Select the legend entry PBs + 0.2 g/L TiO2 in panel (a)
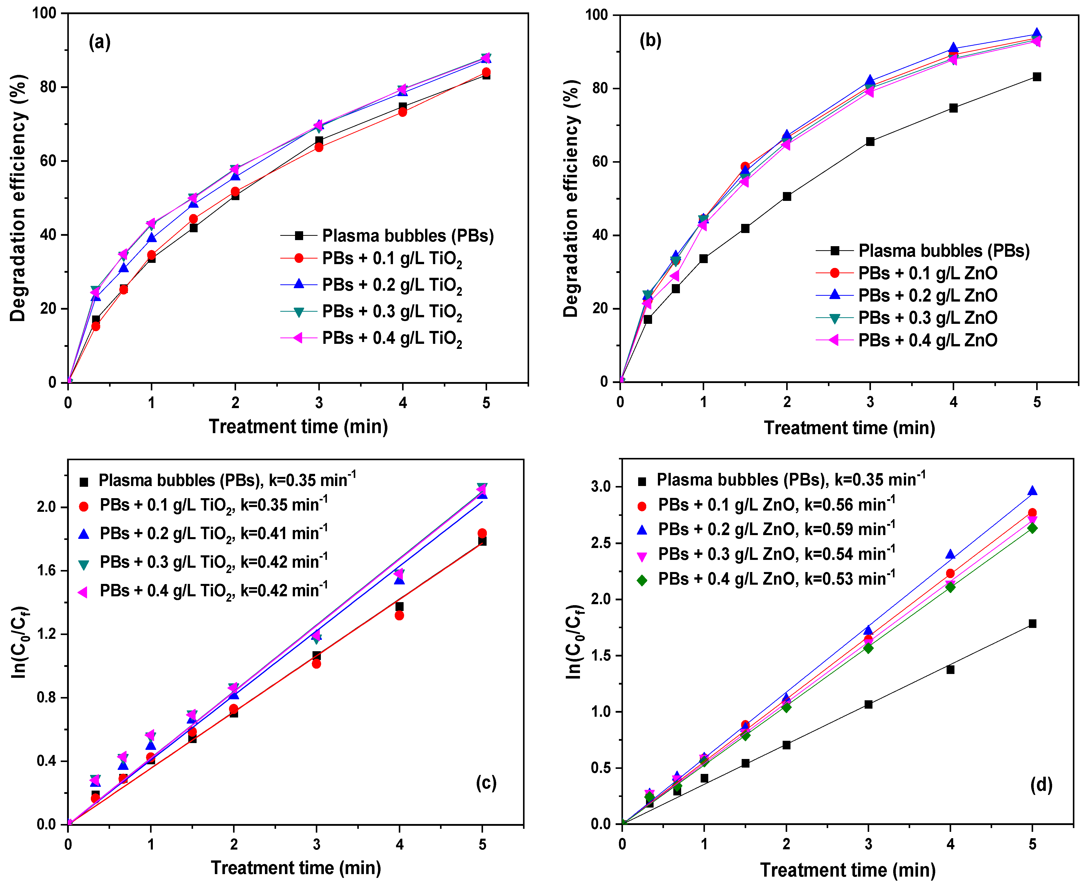391,285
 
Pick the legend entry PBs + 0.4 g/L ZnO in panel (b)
927,340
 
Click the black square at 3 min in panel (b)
870,141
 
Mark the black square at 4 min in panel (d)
950,669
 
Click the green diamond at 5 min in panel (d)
1032,528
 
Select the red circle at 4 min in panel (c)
399,616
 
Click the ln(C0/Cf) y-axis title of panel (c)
19,642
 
